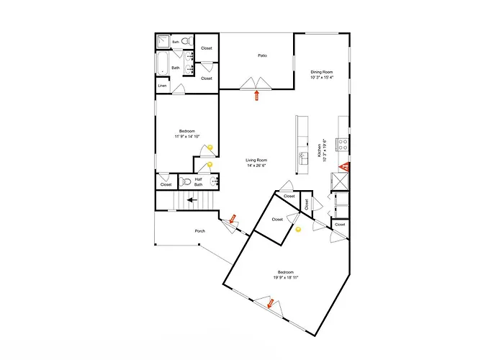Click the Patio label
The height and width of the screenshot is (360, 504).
(262, 55)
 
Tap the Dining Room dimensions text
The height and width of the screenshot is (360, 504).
(322, 78)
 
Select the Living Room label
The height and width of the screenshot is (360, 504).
(256, 160)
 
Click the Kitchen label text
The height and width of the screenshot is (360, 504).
(319, 150)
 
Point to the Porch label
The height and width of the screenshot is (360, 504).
(199, 231)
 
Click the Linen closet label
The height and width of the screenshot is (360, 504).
(162, 86)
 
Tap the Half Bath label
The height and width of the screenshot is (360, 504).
(198, 182)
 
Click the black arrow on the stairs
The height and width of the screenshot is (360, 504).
(192, 200)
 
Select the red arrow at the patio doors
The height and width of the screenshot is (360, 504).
(256, 96)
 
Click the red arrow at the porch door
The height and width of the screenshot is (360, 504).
(233, 219)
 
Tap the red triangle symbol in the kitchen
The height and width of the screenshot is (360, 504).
(345, 166)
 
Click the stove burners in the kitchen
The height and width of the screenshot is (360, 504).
(343, 144)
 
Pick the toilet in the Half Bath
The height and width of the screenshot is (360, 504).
(185, 182)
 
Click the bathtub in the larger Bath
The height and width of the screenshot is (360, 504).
(162, 63)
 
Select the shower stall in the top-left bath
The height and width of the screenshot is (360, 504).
(163, 42)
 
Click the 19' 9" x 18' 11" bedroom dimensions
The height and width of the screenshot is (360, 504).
(286, 277)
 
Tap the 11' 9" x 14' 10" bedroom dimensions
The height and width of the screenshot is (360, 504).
(187, 136)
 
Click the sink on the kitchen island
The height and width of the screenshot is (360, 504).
(303, 158)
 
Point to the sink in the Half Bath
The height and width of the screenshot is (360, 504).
(215, 182)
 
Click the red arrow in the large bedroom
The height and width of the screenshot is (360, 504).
(270, 303)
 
